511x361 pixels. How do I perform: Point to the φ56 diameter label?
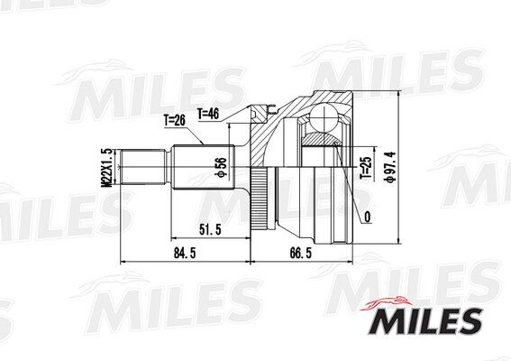pyautogui.click(x=219, y=168)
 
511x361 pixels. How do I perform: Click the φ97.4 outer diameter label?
pyautogui.click(x=389, y=166)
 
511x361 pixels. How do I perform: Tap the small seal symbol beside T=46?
pyautogui.click(x=264, y=111)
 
